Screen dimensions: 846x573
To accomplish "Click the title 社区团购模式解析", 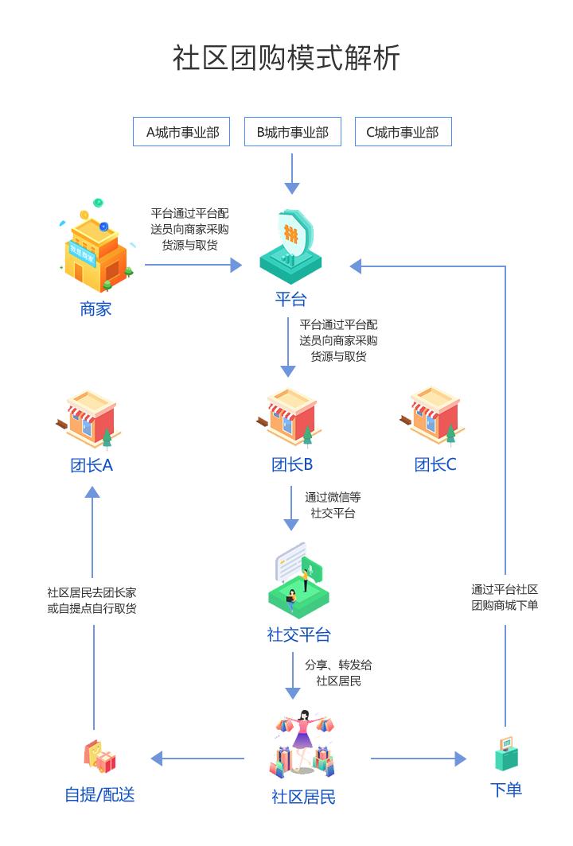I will click(286, 58).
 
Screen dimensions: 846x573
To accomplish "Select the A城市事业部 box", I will click(181, 132).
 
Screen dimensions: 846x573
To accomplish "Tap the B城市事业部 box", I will click(292, 132).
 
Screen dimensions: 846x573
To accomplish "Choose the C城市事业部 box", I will click(403, 132).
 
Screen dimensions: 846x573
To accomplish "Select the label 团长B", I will click(292, 465).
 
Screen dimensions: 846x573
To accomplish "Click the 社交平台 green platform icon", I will click(298, 581).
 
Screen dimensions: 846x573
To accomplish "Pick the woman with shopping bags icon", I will click(303, 744).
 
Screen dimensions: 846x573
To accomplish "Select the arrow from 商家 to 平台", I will click(193, 266).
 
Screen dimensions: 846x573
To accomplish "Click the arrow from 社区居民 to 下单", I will click(418, 759).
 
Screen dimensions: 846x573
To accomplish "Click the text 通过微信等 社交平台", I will click(333, 505).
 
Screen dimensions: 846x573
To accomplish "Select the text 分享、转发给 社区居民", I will click(338, 673).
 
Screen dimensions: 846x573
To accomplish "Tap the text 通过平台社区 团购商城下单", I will click(505, 597).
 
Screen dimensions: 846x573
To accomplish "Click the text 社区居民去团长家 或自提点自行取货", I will click(92, 600).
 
